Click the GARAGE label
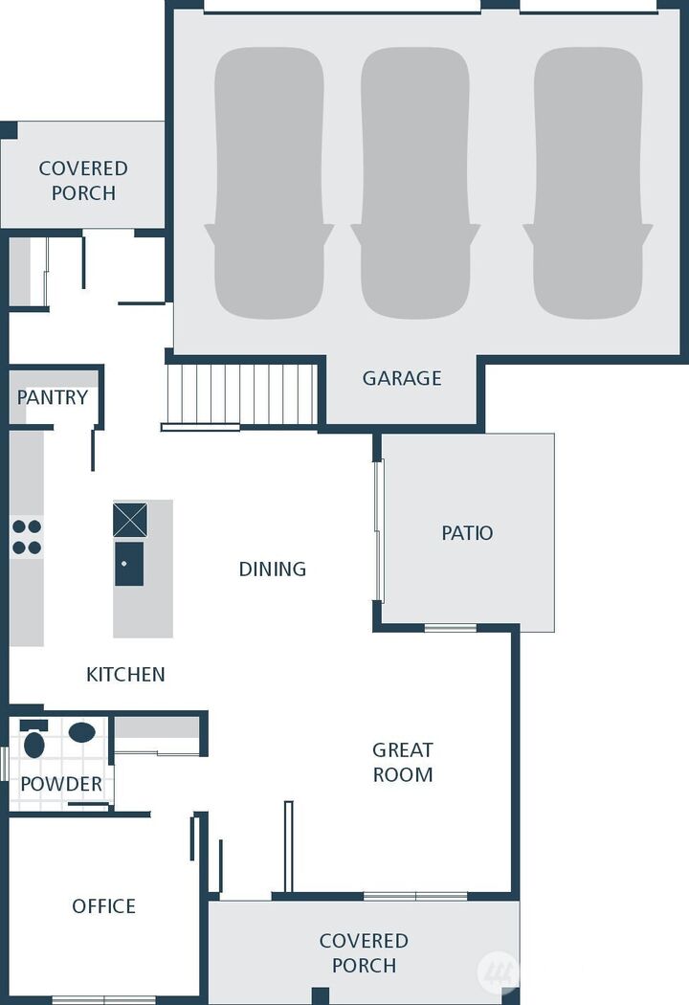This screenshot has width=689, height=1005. (x=402, y=378)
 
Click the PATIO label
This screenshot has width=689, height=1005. (x=467, y=533)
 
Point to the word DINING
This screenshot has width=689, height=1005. (x=273, y=569)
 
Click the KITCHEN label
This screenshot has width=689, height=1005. (x=125, y=675)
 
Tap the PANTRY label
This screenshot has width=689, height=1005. (x=53, y=397)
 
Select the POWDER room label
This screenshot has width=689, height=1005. (x=61, y=785)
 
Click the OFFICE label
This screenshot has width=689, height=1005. (x=103, y=905)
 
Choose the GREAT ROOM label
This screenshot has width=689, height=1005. (x=403, y=762)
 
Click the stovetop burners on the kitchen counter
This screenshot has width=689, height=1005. (x=27, y=537)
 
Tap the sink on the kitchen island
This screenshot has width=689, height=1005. (x=129, y=563)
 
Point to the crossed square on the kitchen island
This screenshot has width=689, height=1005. (x=130, y=520)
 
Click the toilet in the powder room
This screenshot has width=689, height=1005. (x=34, y=742)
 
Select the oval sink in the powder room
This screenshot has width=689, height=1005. (x=82, y=733)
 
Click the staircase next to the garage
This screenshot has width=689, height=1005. (x=241, y=394)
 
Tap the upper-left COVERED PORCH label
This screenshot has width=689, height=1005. (x=83, y=180)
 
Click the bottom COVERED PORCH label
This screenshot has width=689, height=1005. (x=364, y=953)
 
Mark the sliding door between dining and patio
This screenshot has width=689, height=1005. (x=379, y=530)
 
